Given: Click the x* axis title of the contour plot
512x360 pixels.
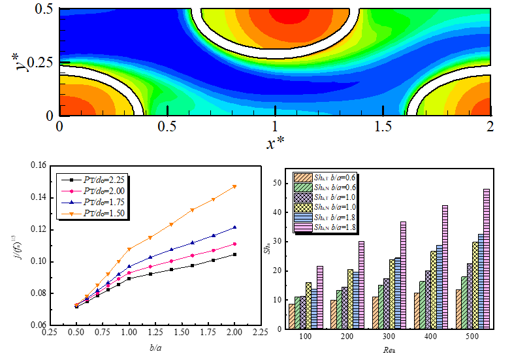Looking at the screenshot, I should [275, 142].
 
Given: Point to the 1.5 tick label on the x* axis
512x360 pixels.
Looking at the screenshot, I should [382, 125].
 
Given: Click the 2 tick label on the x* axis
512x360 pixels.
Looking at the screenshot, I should [489, 125].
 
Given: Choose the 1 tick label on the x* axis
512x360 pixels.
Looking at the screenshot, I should [275, 125].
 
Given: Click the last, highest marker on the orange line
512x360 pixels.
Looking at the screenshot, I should [235, 186].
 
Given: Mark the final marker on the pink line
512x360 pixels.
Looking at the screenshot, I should [235, 244].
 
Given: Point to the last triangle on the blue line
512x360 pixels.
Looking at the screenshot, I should [235, 227].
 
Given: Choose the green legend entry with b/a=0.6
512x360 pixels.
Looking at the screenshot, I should [325, 187].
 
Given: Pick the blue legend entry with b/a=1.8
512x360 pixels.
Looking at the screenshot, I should [325, 217].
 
